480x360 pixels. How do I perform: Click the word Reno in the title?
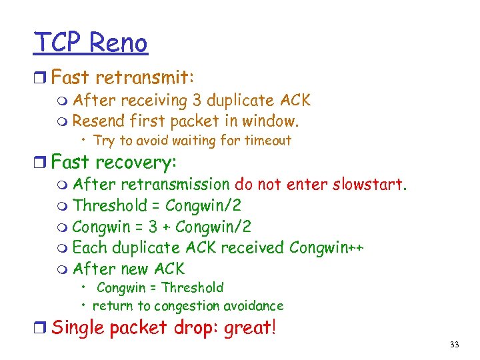[118, 43]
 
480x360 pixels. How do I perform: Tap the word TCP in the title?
[58, 43]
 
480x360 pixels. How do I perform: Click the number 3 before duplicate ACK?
[197, 101]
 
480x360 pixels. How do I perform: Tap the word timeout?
[268, 140]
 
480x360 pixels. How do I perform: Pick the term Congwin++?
[326, 248]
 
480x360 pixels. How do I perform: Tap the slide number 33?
[455, 345]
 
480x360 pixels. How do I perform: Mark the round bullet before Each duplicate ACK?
[63, 249]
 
